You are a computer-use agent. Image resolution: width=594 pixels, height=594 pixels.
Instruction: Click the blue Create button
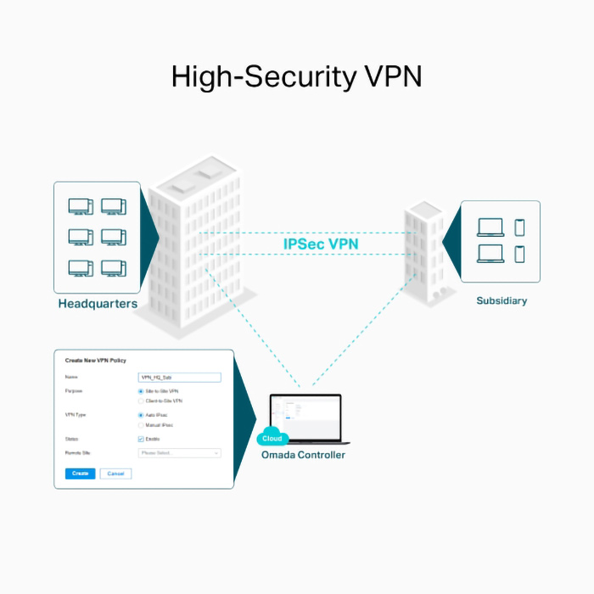tap(80, 474)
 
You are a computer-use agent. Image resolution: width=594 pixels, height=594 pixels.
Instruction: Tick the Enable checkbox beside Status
tap(141, 439)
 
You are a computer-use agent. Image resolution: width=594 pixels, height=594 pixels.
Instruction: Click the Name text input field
tap(179, 378)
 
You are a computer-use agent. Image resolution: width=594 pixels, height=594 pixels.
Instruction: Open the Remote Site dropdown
tap(179, 453)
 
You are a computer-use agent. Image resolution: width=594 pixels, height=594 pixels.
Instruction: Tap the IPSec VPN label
tap(321, 244)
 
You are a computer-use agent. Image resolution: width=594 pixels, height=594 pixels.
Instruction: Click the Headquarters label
tap(98, 303)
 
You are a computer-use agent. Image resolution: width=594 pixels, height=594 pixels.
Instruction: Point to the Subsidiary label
tap(502, 300)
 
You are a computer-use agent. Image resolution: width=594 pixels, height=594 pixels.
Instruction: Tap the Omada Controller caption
tap(303, 455)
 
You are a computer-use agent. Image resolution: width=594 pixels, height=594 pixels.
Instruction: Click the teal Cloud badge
tap(272, 439)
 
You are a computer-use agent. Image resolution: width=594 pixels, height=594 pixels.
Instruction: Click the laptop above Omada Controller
tap(305, 418)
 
